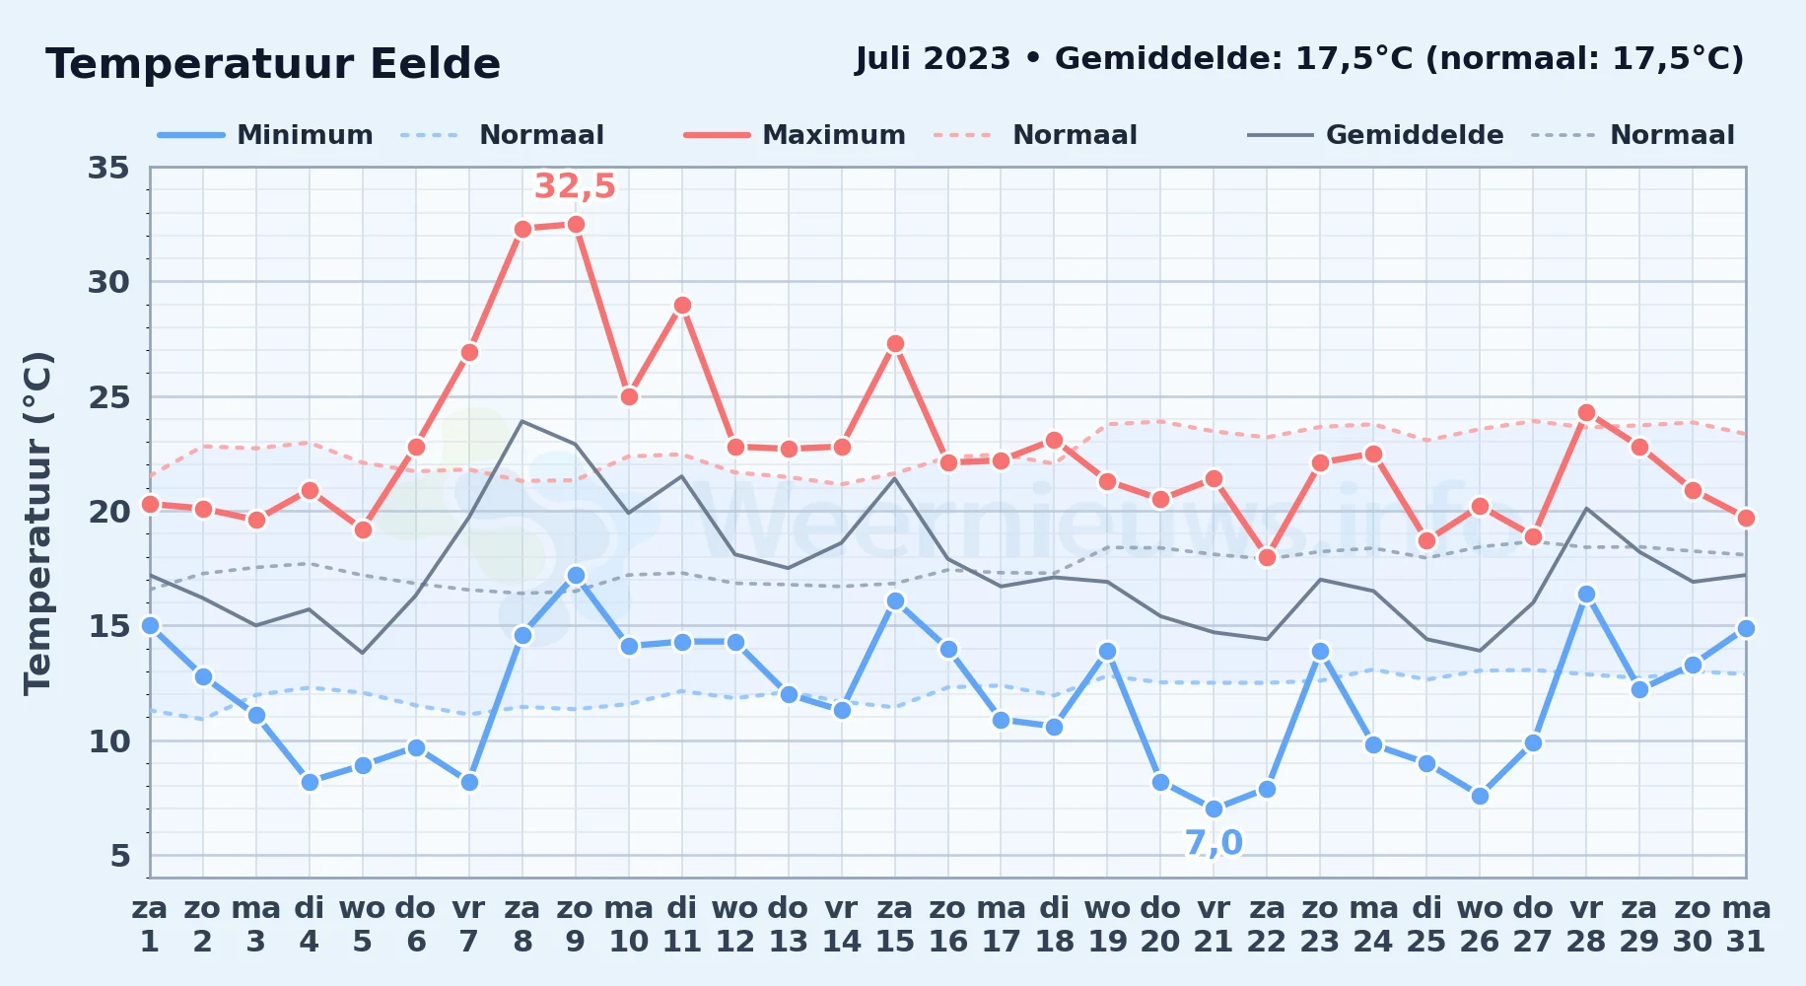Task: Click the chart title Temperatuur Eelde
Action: pyautogui.click(x=273, y=64)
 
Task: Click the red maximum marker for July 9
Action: pyautogui.click(x=576, y=225)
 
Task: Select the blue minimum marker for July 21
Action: pyautogui.click(x=1214, y=809)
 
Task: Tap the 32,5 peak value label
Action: pyautogui.click(x=575, y=185)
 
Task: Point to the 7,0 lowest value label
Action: pyautogui.click(x=1214, y=843)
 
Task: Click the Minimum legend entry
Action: pyautogui.click(x=265, y=135)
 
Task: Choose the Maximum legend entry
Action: pyautogui.click(x=795, y=135)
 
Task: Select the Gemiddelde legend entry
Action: pyautogui.click(x=1375, y=135)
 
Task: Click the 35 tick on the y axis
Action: pyautogui.click(x=108, y=168)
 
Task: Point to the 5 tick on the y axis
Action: pyautogui.click(x=119, y=855)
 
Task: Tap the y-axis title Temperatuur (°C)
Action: pyautogui.click(x=37, y=523)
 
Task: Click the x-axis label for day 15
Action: pyautogui.click(x=895, y=924)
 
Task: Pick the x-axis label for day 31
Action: pyautogui.click(x=1746, y=924)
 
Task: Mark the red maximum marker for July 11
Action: pyautogui.click(x=682, y=306)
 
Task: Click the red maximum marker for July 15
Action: pyautogui.click(x=895, y=344)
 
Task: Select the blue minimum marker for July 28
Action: pyautogui.click(x=1586, y=595)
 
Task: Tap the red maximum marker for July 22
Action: pyautogui.click(x=1267, y=557)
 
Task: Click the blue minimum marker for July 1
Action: pyautogui.click(x=150, y=625)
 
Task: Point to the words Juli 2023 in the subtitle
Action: pyautogui.click(x=933, y=59)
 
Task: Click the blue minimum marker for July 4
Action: pyautogui.click(x=310, y=782)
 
